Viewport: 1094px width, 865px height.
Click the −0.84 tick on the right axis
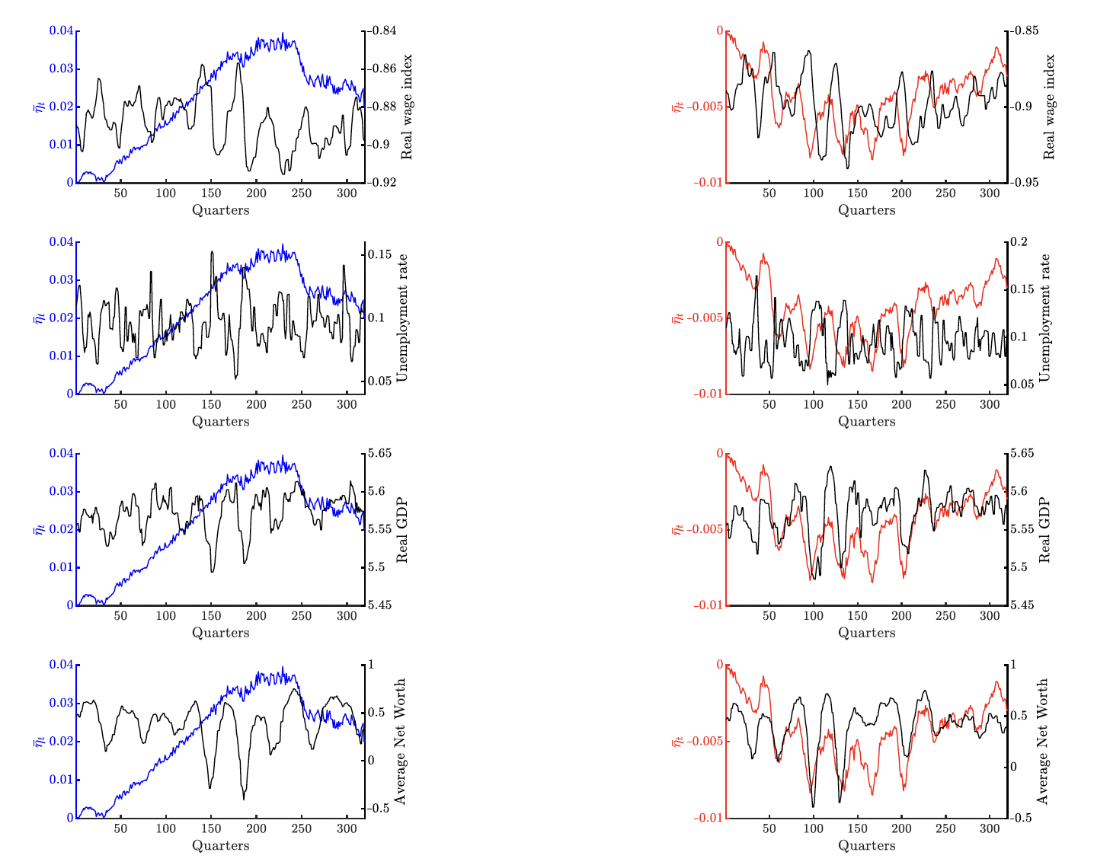click(x=383, y=31)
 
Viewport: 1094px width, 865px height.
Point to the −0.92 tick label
click(x=383, y=183)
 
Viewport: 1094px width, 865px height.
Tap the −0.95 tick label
click(x=1026, y=183)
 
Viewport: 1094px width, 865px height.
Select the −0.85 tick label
click(x=1026, y=31)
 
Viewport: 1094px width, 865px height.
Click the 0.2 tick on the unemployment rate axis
click(x=1020, y=242)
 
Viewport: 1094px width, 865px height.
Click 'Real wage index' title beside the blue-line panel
click(x=407, y=107)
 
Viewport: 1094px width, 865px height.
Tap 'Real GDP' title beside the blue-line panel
click(x=403, y=530)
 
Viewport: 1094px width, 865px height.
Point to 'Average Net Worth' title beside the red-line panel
click(x=1043, y=742)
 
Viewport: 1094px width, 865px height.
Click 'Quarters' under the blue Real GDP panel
click(x=220, y=633)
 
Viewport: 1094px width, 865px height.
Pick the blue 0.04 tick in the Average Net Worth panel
click(x=61, y=665)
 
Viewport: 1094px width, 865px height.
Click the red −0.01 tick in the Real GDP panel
click(x=708, y=605)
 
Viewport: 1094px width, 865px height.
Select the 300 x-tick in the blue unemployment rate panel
click(x=346, y=404)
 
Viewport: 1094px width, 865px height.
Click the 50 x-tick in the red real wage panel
click(x=769, y=193)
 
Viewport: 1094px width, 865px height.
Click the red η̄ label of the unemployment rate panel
click(x=677, y=318)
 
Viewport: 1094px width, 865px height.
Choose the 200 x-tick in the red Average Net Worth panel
click(x=901, y=828)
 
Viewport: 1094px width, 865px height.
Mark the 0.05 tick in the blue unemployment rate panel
click(x=379, y=381)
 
